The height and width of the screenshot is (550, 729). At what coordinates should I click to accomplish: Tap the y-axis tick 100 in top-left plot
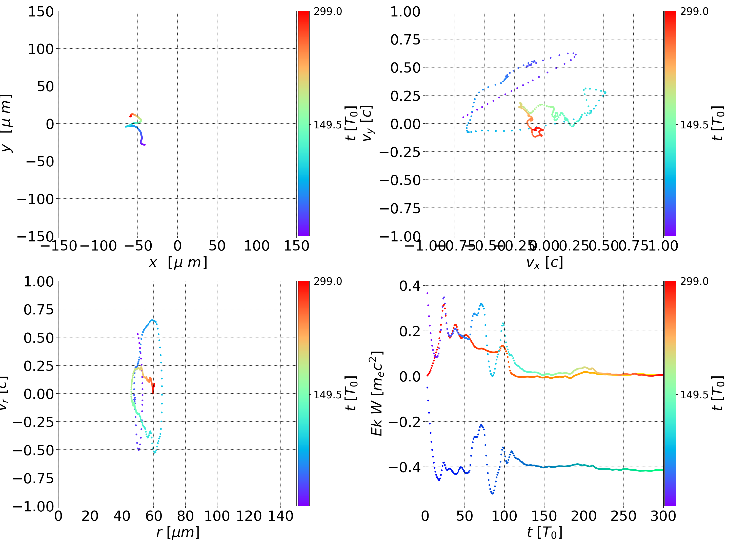pyautogui.click(x=40, y=49)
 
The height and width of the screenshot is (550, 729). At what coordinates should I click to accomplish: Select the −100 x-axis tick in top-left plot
pyautogui.click(x=98, y=246)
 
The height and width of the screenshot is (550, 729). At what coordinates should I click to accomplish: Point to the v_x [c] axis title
pyautogui.click(x=544, y=262)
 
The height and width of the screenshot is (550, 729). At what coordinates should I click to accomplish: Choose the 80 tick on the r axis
pyautogui.click(x=185, y=516)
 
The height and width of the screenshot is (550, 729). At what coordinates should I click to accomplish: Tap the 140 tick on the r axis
pyautogui.click(x=280, y=516)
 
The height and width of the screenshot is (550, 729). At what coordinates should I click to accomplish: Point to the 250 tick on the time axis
pyautogui.click(x=623, y=516)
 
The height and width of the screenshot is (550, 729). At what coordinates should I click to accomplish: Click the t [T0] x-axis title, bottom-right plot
pyautogui.click(x=544, y=532)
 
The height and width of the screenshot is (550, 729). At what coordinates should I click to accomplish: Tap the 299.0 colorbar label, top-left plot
pyautogui.click(x=328, y=12)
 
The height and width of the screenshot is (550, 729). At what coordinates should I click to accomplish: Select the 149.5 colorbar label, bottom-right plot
pyautogui.click(x=694, y=394)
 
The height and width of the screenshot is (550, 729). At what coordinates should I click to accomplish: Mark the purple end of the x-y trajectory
pyautogui.click(x=144, y=145)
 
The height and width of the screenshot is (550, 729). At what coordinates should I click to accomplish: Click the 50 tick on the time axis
pyautogui.click(x=465, y=516)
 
